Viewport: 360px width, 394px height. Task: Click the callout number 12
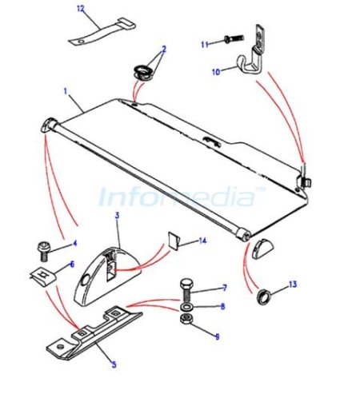coord(81,9)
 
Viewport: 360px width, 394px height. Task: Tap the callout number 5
coord(114,364)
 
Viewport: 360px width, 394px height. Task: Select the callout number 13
coord(293,285)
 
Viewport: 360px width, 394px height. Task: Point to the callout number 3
coord(117,215)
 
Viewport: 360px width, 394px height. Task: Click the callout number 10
coord(216,72)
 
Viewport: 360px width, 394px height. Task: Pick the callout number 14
coord(203,241)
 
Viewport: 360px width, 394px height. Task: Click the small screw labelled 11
coord(234,38)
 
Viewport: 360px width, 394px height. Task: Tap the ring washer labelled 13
coord(263,296)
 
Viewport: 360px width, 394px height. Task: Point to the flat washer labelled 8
coord(186,307)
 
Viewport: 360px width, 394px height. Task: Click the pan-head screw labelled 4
coord(42,251)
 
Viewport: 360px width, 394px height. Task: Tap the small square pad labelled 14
coord(174,241)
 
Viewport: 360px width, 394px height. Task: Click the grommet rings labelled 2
coord(143,73)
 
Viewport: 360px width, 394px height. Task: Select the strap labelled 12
coord(102,33)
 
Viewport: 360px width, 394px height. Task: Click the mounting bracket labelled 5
coord(94,333)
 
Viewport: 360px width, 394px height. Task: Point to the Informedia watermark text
coord(178,197)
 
